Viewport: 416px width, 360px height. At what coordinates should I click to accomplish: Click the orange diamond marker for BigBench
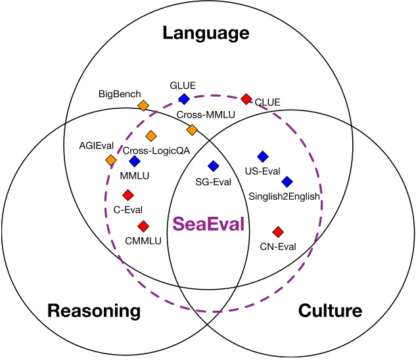[x=143, y=105]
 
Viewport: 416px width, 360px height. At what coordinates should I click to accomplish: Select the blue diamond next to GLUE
[x=184, y=99]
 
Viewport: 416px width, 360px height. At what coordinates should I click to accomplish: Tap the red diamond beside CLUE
[x=246, y=99]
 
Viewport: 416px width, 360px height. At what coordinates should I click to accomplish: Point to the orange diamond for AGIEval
[x=111, y=160]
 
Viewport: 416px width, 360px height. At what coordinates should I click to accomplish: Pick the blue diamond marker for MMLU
[x=135, y=161]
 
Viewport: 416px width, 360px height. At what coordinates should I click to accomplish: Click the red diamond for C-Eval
[x=128, y=194]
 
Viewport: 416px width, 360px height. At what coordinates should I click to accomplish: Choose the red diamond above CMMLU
[x=143, y=225]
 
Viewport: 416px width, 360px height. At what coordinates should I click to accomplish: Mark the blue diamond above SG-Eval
[x=213, y=166]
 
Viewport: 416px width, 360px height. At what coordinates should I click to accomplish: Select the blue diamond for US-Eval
[x=262, y=156]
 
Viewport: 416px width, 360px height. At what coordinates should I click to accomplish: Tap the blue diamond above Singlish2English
[x=287, y=181]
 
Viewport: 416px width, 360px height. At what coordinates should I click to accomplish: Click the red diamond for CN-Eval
[x=277, y=231]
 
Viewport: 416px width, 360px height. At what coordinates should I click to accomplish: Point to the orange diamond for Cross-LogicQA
[x=150, y=135]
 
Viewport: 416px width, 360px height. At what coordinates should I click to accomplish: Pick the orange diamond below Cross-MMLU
[x=192, y=129]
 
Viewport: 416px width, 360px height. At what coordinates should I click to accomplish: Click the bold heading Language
[x=208, y=33]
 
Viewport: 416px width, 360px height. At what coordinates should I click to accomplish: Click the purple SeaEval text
[x=208, y=224]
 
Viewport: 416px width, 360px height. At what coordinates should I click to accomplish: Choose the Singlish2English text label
[x=284, y=196]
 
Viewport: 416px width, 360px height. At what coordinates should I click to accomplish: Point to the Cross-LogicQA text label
[x=153, y=149]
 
